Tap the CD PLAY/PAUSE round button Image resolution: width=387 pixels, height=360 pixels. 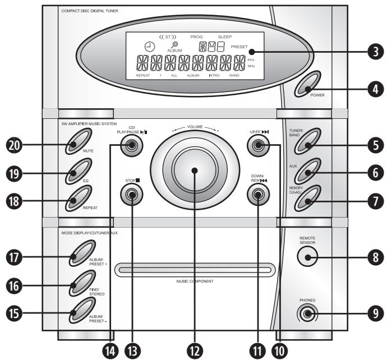[x=132, y=147]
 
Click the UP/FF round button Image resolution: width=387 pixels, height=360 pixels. [x=258, y=147]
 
